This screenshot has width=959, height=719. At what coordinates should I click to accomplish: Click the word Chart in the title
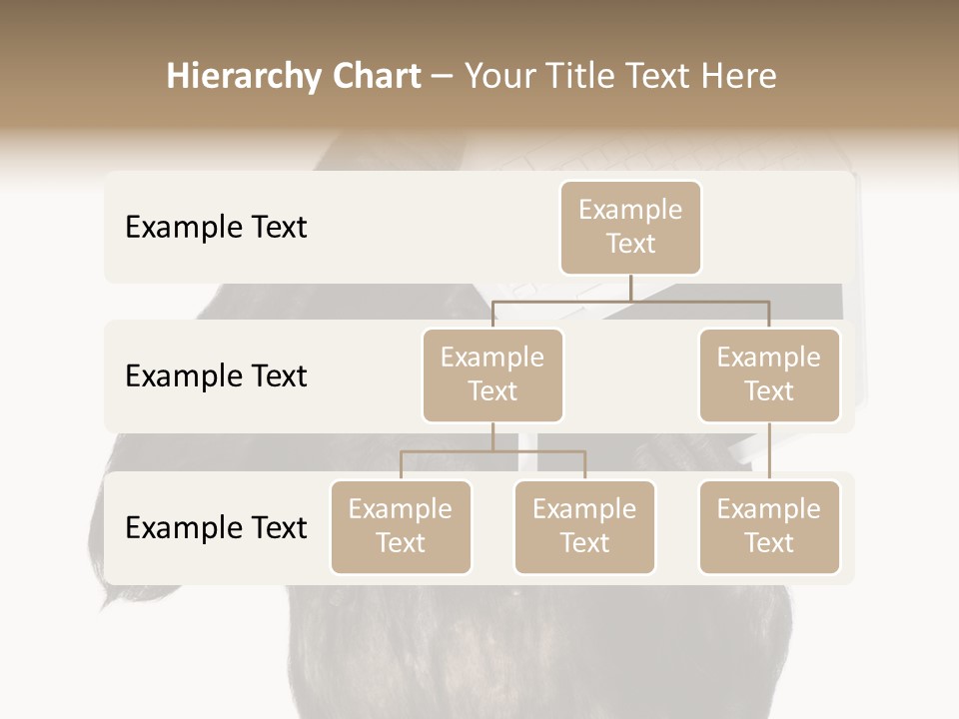(x=374, y=77)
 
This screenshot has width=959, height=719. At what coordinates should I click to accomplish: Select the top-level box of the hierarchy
(x=630, y=227)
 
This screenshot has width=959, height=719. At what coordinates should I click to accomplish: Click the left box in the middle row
(x=492, y=374)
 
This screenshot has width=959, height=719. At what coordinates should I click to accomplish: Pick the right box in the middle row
(x=769, y=374)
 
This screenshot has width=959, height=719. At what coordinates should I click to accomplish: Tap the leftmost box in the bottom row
(x=401, y=526)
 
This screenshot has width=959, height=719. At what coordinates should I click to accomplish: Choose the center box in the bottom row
(x=584, y=526)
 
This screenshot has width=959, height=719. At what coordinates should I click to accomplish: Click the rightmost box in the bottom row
(x=769, y=526)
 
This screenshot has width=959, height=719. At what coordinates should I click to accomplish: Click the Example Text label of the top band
(x=216, y=227)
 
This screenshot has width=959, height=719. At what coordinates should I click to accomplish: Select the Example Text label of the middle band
(x=216, y=375)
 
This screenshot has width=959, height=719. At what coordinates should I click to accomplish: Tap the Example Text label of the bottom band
(x=216, y=527)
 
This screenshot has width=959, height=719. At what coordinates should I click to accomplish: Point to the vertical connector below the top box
(x=630, y=288)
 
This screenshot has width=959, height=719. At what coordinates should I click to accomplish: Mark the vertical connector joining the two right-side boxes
(x=769, y=451)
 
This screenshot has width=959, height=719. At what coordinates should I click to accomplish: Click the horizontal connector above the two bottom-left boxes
(x=492, y=451)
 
